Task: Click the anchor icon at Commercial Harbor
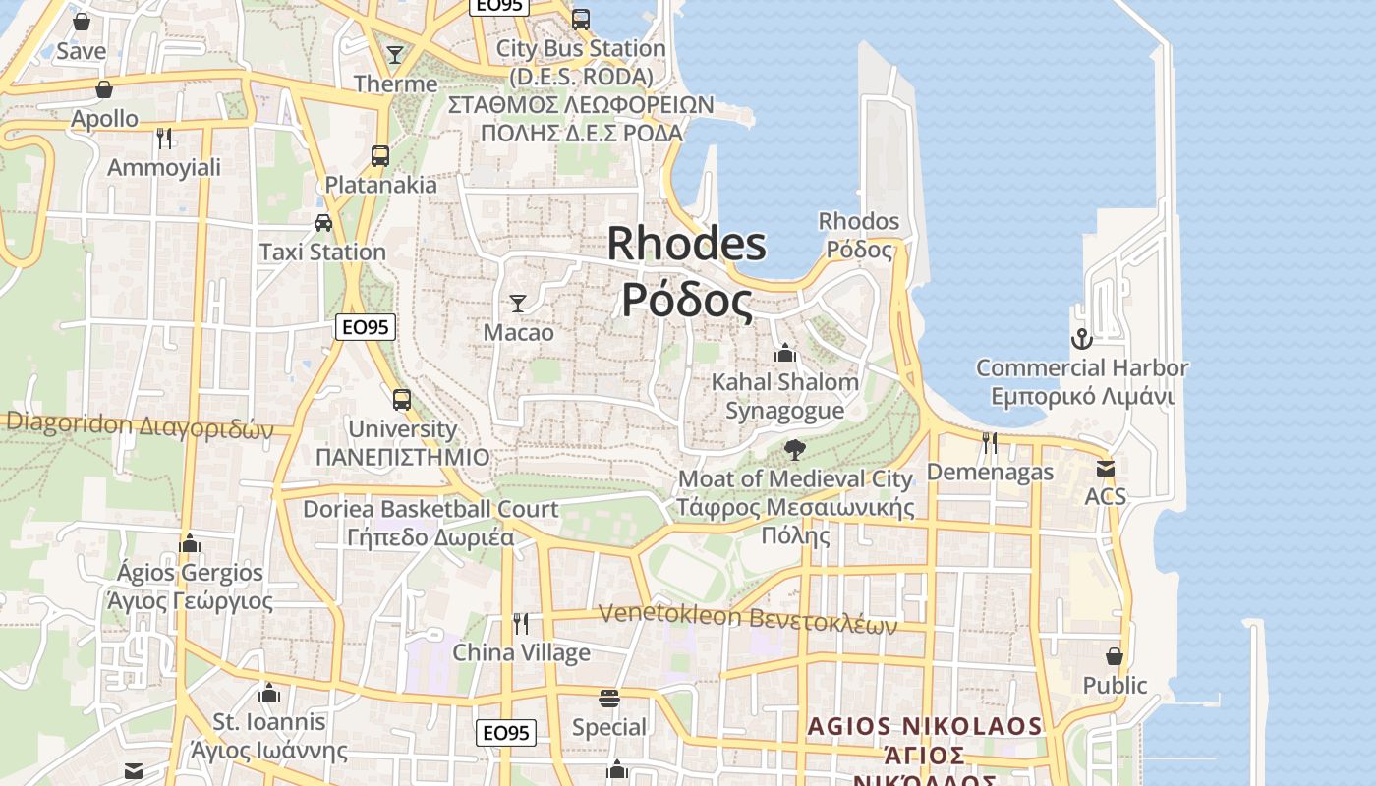coord(1081,340)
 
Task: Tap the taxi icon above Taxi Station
coord(323,223)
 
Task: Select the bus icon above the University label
coord(402,400)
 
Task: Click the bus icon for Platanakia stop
coord(380,155)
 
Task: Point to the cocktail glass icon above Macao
coord(518,303)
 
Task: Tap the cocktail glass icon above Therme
coord(395,54)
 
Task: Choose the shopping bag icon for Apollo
coord(104,89)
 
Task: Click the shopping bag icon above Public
coord(1115,655)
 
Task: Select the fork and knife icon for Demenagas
coord(990,443)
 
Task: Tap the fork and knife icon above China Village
coord(521,623)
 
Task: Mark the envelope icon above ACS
coord(1106,469)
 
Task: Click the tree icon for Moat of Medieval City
coord(795,450)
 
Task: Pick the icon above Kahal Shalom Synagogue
coord(784,353)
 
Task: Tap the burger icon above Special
coord(609,699)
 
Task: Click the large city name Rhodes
coord(686,243)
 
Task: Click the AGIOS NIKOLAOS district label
coord(924,727)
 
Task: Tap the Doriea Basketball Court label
coord(430,509)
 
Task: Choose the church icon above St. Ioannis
coord(269,693)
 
